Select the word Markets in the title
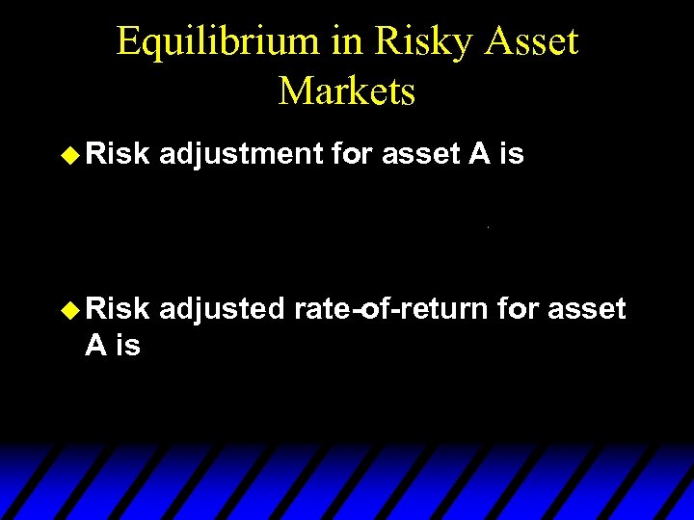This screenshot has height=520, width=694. click(x=347, y=91)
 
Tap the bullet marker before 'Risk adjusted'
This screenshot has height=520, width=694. click(x=71, y=310)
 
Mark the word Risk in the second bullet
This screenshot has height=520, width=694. click(x=118, y=310)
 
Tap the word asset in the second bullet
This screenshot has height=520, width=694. click(x=588, y=310)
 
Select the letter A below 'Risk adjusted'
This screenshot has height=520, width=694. click(x=95, y=345)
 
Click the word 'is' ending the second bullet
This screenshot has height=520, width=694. click(x=127, y=345)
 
